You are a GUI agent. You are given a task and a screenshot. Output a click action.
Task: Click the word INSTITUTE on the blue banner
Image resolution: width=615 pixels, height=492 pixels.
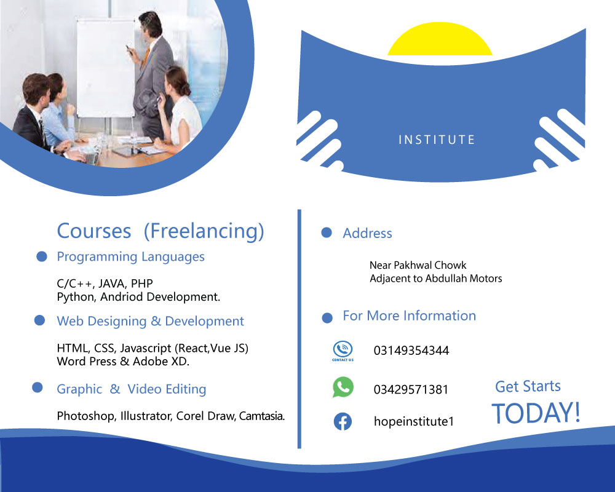(x=437, y=140)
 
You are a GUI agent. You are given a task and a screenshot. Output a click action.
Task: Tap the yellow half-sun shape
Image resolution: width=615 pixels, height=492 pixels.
(x=440, y=39)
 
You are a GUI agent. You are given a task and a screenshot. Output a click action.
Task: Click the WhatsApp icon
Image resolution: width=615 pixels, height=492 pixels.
(x=343, y=387)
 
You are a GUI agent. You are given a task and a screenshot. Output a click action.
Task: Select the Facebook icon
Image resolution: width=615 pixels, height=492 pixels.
(x=343, y=421)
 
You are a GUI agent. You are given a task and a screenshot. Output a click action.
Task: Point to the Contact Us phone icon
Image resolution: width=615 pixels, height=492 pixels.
(x=343, y=351)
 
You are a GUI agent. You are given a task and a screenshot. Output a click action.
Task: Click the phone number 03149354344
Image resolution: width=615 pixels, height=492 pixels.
(x=411, y=351)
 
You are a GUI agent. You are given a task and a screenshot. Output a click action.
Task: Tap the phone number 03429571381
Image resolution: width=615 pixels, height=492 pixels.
(x=411, y=389)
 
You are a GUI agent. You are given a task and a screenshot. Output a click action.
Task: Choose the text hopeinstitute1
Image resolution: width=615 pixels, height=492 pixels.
(x=414, y=421)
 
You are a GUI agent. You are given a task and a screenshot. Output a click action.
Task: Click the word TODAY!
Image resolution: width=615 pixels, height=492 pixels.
(x=536, y=413)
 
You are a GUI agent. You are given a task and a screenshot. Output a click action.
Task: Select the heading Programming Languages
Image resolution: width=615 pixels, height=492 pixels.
(x=130, y=257)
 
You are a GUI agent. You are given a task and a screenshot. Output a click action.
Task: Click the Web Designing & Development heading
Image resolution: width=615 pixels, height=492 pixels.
(x=150, y=321)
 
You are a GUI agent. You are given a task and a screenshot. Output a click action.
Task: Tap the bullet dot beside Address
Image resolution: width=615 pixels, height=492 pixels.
(x=327, y=232)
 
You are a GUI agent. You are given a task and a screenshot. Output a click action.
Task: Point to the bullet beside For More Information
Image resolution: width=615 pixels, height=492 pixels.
(x=327, y=317)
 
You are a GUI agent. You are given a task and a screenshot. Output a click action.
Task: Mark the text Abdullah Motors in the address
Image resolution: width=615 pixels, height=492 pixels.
(x=464, y=279)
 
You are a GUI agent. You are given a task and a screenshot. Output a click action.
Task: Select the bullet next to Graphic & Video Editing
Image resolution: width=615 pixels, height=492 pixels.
(x=38, y=387)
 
